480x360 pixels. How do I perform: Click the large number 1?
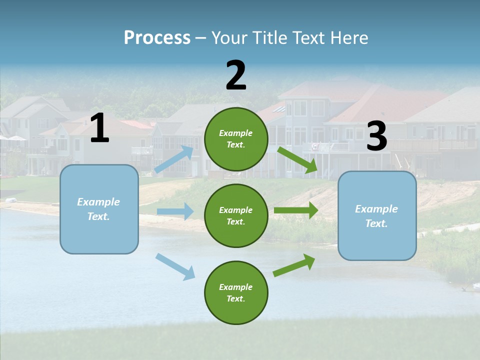click(99, 128)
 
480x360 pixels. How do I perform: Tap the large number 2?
click(236, 75)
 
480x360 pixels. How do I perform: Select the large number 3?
click(376, 136)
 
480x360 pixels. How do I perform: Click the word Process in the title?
click(157, 37)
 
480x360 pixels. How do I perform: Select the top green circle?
click(236, 139)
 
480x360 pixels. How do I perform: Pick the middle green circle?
click(236, 215)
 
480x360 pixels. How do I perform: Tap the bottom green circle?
click(236, 292)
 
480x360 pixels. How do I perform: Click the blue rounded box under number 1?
click(99, 209)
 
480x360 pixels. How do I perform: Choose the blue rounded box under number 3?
click(377, 215)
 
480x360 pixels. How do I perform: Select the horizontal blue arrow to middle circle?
click(175, 211)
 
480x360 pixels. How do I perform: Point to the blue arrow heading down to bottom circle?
click(175, 266)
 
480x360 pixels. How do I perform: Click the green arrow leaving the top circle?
click(297, 159)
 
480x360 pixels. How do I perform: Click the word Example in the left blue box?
click(98, 202)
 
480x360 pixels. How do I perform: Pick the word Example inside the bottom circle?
click(235, 287)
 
